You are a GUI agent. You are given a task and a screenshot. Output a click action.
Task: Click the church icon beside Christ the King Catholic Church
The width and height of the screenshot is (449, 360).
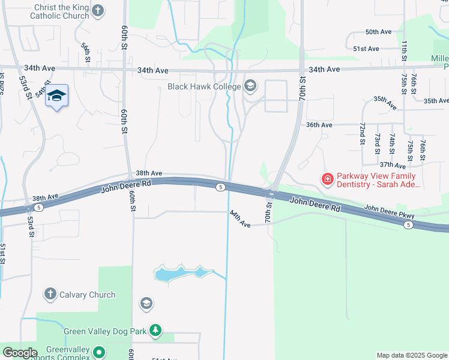point(98,10)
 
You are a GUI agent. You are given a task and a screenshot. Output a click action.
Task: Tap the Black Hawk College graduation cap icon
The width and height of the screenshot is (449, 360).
point(250,87)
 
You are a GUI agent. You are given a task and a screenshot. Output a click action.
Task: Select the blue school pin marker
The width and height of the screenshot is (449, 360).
point(56,96)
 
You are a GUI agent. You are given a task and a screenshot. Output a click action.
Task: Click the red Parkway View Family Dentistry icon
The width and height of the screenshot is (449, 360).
point(327,178)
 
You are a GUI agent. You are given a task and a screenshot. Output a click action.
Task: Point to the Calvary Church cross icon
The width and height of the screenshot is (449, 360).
point(50,295)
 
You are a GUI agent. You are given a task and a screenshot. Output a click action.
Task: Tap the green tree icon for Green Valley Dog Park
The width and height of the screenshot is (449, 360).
point(155,331)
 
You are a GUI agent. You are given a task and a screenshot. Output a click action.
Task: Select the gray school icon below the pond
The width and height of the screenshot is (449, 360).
point(145,304)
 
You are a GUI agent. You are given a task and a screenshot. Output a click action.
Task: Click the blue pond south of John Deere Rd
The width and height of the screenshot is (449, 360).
point(180,273)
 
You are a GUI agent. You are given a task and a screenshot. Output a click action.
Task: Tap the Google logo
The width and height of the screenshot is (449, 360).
point(19,353)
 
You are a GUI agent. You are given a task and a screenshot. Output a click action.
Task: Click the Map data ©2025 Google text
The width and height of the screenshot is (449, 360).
point(411,355)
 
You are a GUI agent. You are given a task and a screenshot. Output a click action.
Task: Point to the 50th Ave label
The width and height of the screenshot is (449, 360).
point(378,32)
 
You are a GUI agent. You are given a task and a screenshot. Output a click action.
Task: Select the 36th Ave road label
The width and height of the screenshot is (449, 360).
point(319,125)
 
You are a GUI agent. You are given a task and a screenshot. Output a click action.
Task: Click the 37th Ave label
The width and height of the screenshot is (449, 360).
point(393,164)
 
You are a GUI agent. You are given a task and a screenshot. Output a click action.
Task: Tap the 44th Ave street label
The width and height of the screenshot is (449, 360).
point(240,218)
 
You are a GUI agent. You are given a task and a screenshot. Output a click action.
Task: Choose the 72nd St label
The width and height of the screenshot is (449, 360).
point(363,134)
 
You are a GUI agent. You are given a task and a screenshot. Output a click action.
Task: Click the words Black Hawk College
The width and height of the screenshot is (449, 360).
point(203,87)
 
